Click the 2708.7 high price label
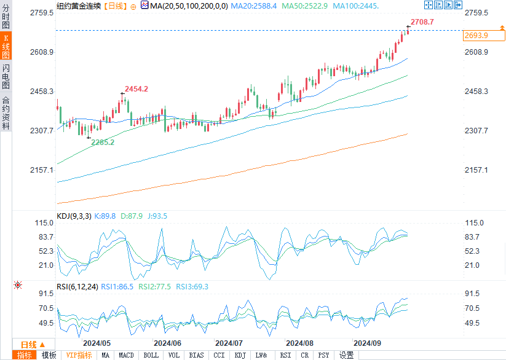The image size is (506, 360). [x=422, y=22]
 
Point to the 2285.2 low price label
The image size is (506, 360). [x=103, y=142]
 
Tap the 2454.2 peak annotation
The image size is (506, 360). [x=136, y=89]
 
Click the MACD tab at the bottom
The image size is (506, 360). [x=126, y=355]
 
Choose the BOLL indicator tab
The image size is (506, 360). [x=151, y=355]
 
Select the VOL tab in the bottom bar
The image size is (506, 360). [x=174, y=355]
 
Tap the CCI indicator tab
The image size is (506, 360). [x=218, y=355]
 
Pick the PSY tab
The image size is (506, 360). [x=323, y=355]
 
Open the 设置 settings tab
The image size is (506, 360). [x=346, y=355]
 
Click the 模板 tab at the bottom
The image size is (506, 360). [x=49, y=355]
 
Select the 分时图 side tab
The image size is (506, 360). [x=6, y=17]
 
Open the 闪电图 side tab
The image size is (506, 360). [x=6, y=76]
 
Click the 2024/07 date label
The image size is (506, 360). [x=229, y=343]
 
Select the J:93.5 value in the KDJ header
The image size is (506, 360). [x=156, y=216]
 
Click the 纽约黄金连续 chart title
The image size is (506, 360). [x=78, y=6]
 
